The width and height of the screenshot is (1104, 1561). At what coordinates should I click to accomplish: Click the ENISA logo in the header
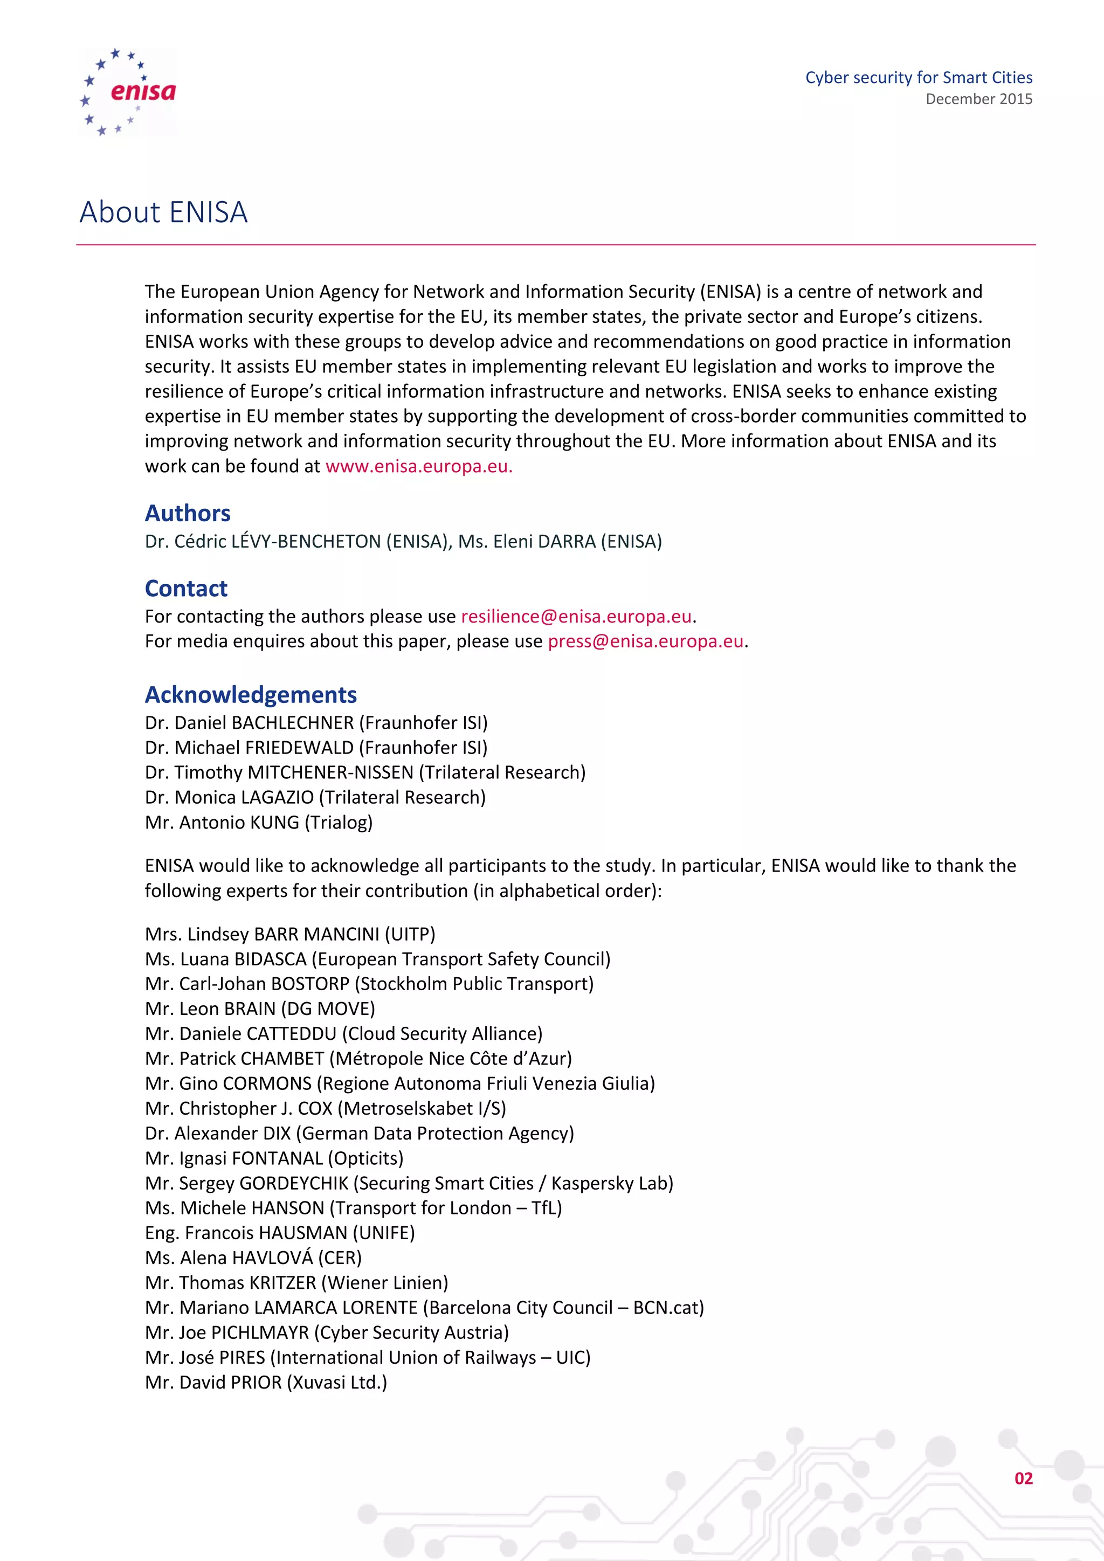(128, 92)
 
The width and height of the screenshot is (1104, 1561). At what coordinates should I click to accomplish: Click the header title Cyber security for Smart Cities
(919, 78)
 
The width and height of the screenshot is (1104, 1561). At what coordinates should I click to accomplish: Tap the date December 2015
(978, 99)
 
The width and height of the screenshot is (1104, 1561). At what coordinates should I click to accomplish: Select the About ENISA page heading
(164, 212)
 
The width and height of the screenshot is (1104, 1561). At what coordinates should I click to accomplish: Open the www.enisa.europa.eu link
(418, 466)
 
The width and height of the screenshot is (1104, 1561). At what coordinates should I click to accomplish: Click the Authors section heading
(188, 513)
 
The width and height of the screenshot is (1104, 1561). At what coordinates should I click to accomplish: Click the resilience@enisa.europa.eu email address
(576, 617)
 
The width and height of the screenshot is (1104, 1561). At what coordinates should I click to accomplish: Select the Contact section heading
(187, 588)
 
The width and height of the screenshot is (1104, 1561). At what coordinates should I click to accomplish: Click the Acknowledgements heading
(251, 695)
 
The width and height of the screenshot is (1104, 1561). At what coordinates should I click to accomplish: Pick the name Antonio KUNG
(239, 823)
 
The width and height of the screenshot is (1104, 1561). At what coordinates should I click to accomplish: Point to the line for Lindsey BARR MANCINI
(289, 934)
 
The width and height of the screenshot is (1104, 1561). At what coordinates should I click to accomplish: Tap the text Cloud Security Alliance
(442, 1034)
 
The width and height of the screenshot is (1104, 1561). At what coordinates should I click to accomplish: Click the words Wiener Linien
(385, 1283)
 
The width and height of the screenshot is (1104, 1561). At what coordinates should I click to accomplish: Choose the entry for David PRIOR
(265, 1383)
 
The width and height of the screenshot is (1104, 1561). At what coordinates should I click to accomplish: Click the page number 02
(1023, 1479)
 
